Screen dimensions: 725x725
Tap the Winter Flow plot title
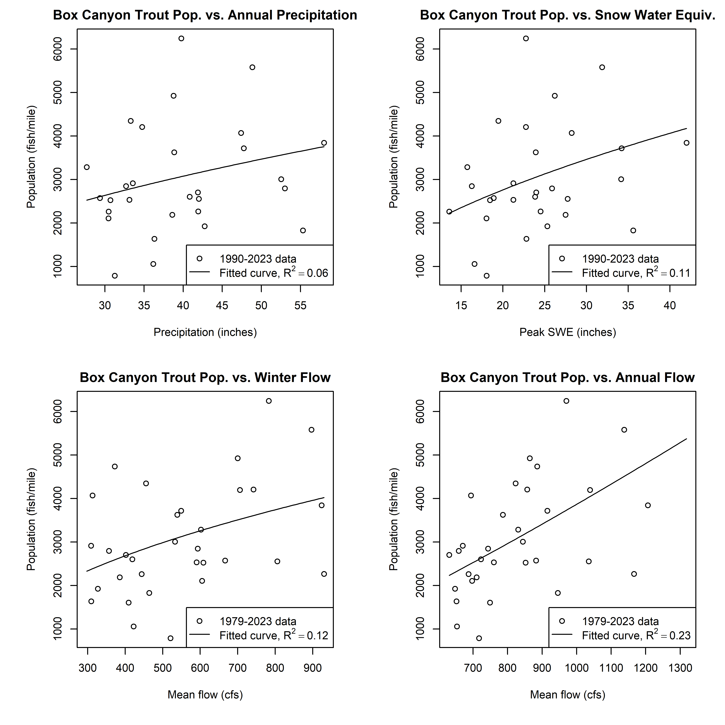[x=205, y=377]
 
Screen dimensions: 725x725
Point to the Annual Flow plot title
[x=567, y=377]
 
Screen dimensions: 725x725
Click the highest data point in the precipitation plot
[x=181, y=38]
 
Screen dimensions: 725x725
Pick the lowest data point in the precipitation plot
[x=115, y=276]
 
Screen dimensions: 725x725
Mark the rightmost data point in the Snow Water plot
[x=686, y=143]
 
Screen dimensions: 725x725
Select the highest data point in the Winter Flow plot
[x=269, y=401]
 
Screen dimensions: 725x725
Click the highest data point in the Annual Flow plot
[x=566, y=401]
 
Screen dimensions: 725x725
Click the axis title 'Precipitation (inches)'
[x=205, y=332]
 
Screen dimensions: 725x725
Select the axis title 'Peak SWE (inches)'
[x=567, y=332]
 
